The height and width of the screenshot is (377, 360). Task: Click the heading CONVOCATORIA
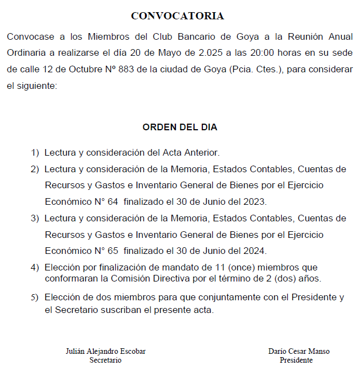coord(178,16)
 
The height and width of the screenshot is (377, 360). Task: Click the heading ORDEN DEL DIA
coord(180,127)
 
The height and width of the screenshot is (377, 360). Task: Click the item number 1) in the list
coord(35,152)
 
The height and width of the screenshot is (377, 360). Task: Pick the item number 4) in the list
coord(35,268)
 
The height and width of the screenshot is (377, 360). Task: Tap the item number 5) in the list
coord(35,298)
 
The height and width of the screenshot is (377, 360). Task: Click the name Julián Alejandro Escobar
coord(105,352)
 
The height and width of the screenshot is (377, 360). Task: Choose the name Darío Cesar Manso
coord(299,352)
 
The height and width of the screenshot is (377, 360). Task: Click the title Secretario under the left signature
coord(105,360)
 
